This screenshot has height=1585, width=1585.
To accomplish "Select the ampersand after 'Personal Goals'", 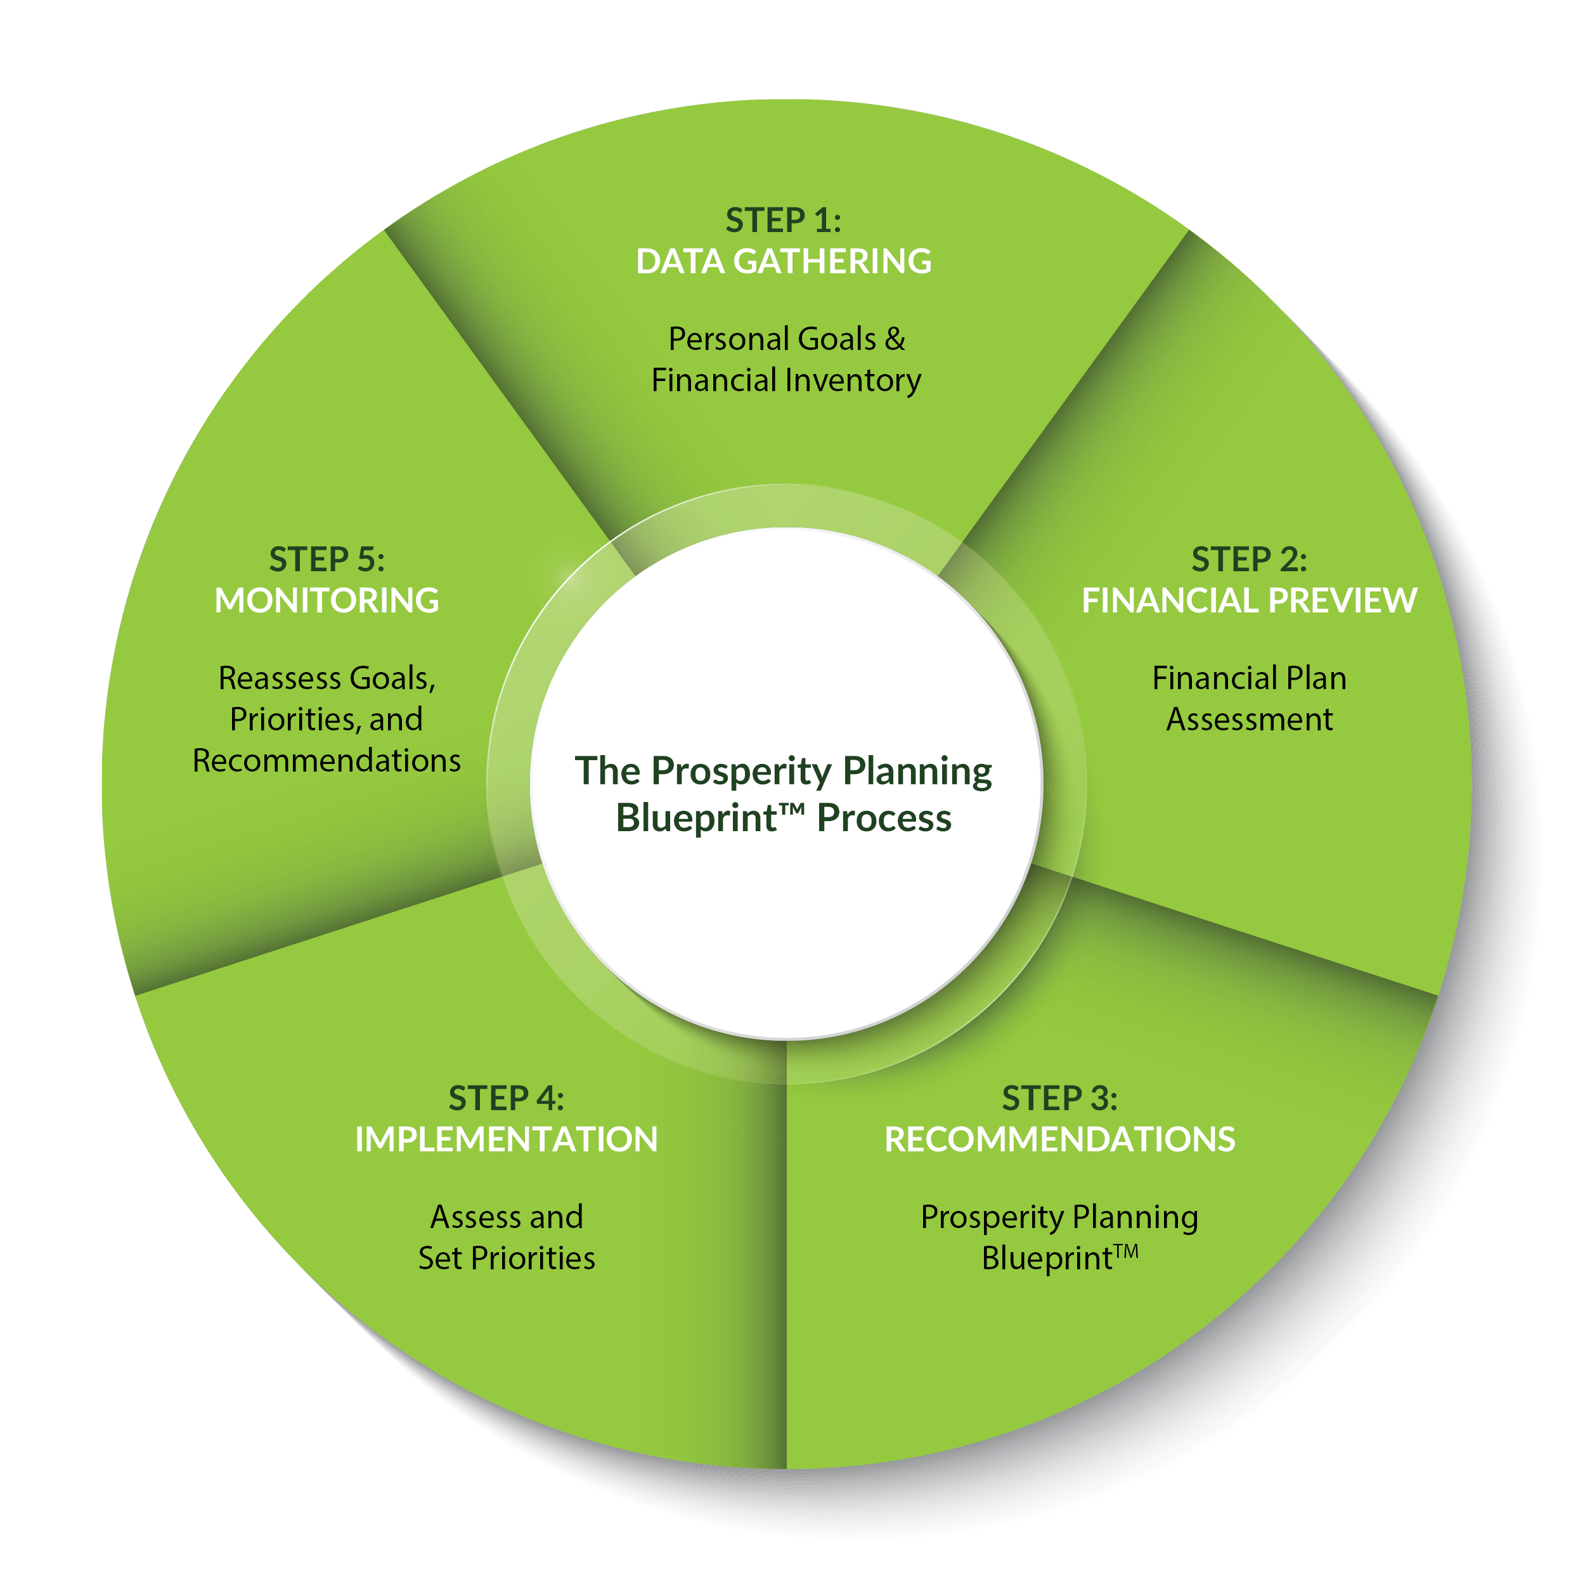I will coord(895,339).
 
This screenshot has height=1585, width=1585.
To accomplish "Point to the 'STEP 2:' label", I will coord(1248,560).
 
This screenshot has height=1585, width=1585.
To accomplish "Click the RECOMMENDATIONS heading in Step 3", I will coord(1059,1139).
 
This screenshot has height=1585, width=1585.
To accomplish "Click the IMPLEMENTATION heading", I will coord(506,1139).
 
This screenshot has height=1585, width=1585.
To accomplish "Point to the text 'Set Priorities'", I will coord(506,1258).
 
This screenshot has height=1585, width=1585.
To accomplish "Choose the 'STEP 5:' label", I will coord(327,560).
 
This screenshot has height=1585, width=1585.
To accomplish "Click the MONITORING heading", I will coord(327,600).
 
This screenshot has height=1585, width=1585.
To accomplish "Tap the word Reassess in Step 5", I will coord(279,678).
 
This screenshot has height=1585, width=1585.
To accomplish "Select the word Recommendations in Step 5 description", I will coord(327,761).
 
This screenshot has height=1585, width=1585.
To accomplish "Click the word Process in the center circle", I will coord(884,818).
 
